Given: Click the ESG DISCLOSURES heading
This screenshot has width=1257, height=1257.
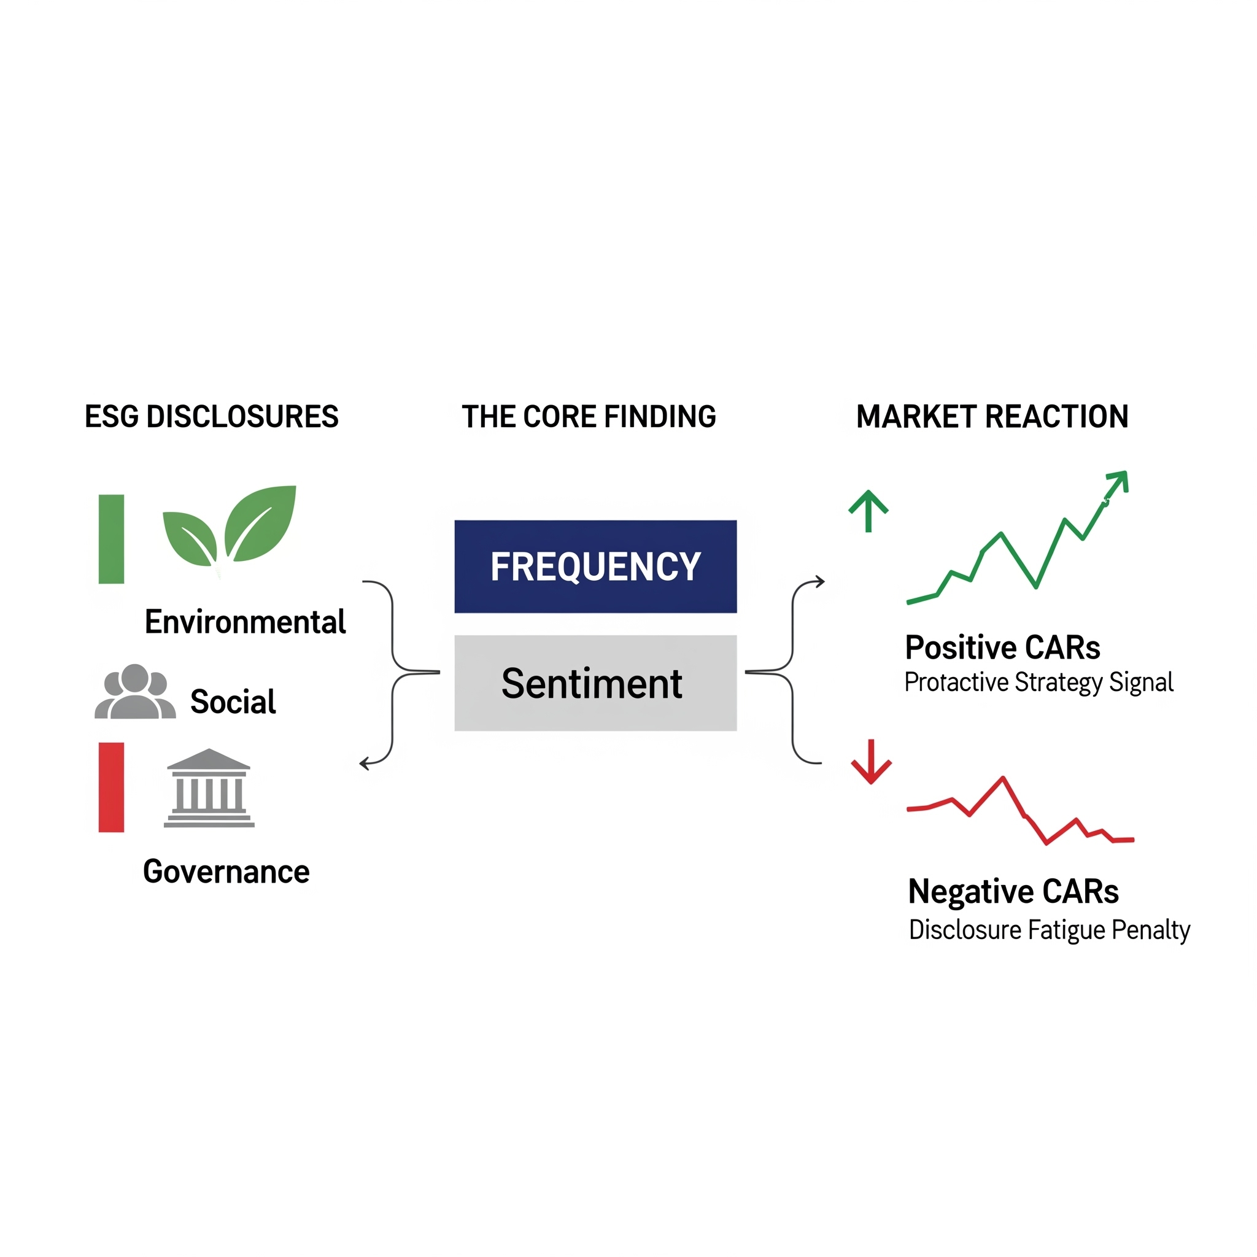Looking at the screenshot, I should (x=212, y=416).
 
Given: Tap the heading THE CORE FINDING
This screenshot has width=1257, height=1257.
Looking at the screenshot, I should (x=589, y=416).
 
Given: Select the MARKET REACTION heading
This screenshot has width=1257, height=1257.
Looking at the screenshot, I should (x=992, y=416).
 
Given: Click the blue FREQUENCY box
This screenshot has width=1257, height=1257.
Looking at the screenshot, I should (x=595, y=566).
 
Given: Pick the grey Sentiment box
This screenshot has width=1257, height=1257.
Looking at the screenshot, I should (x=595, y=683).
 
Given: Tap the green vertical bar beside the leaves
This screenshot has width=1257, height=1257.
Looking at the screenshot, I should (x=111, y=539).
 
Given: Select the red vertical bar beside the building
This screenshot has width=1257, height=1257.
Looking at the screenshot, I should (x=111, y=787).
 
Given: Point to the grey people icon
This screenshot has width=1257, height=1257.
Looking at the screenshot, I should (x=134, y=692).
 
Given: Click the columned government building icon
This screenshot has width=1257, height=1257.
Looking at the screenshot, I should (x=209, y=789).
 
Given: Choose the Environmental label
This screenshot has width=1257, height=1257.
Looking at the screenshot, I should (x=246, y=622).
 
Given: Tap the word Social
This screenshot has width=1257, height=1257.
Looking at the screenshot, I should (x=233, y=702).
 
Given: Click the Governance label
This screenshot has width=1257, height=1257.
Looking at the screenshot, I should (x=226, y=872).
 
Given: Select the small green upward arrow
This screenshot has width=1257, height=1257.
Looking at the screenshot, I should (x=868, y=511).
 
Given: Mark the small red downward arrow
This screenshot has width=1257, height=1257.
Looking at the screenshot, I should (x=871, y=762).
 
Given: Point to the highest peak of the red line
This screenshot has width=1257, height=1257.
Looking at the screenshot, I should (x=1004, y=778).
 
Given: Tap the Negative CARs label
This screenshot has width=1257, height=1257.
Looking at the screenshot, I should (x=1013, y=892).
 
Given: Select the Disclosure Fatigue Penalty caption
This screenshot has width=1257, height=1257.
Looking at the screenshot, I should (x=1050, y=930).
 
